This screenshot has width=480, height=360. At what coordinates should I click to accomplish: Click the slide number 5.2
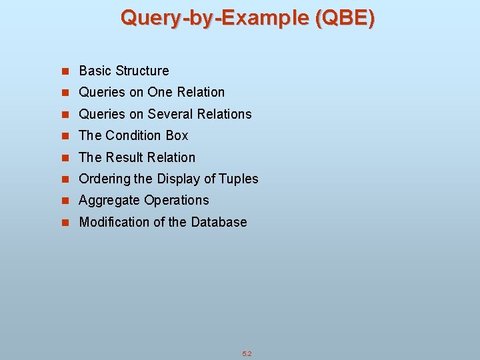[x=247, y=354]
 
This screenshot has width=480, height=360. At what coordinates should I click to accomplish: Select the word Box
[x=177, y=135]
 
